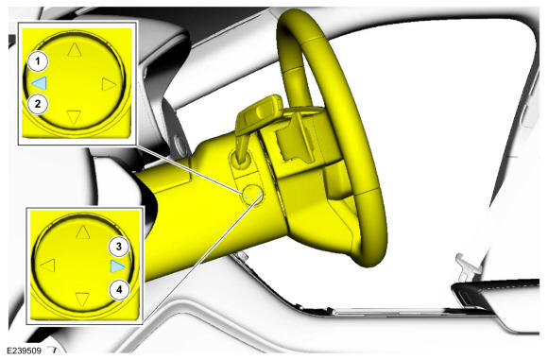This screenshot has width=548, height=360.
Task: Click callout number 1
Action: click(x=38, y=61)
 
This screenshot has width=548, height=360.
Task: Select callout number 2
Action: click(x=38, y=104)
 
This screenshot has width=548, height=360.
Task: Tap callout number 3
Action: click(x=119, y=247)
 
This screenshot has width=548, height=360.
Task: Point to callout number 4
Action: click(x=119, y=290)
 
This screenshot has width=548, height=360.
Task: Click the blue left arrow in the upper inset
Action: click(x=39, y=83)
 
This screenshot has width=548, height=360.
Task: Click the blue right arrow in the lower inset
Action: click(x=117, y=266)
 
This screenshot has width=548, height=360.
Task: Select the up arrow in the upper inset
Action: click(x=75, y=50)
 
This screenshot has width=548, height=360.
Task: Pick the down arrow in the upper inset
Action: click(x=74, y=117)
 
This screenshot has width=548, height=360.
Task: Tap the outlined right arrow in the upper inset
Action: click(x=109, y=84)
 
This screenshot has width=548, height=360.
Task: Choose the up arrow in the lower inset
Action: click(x=83, y=232)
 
